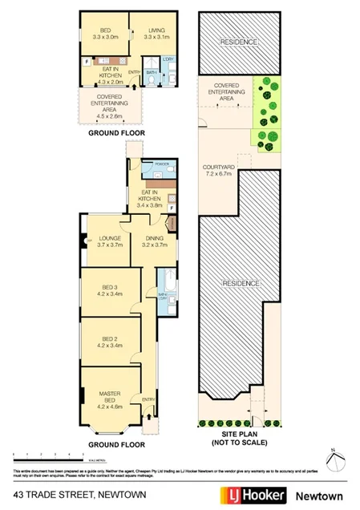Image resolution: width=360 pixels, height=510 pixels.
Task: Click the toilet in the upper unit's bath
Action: (x=174, y=79)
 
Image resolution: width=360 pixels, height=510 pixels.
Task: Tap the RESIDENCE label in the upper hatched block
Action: (x=238, y=42)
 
